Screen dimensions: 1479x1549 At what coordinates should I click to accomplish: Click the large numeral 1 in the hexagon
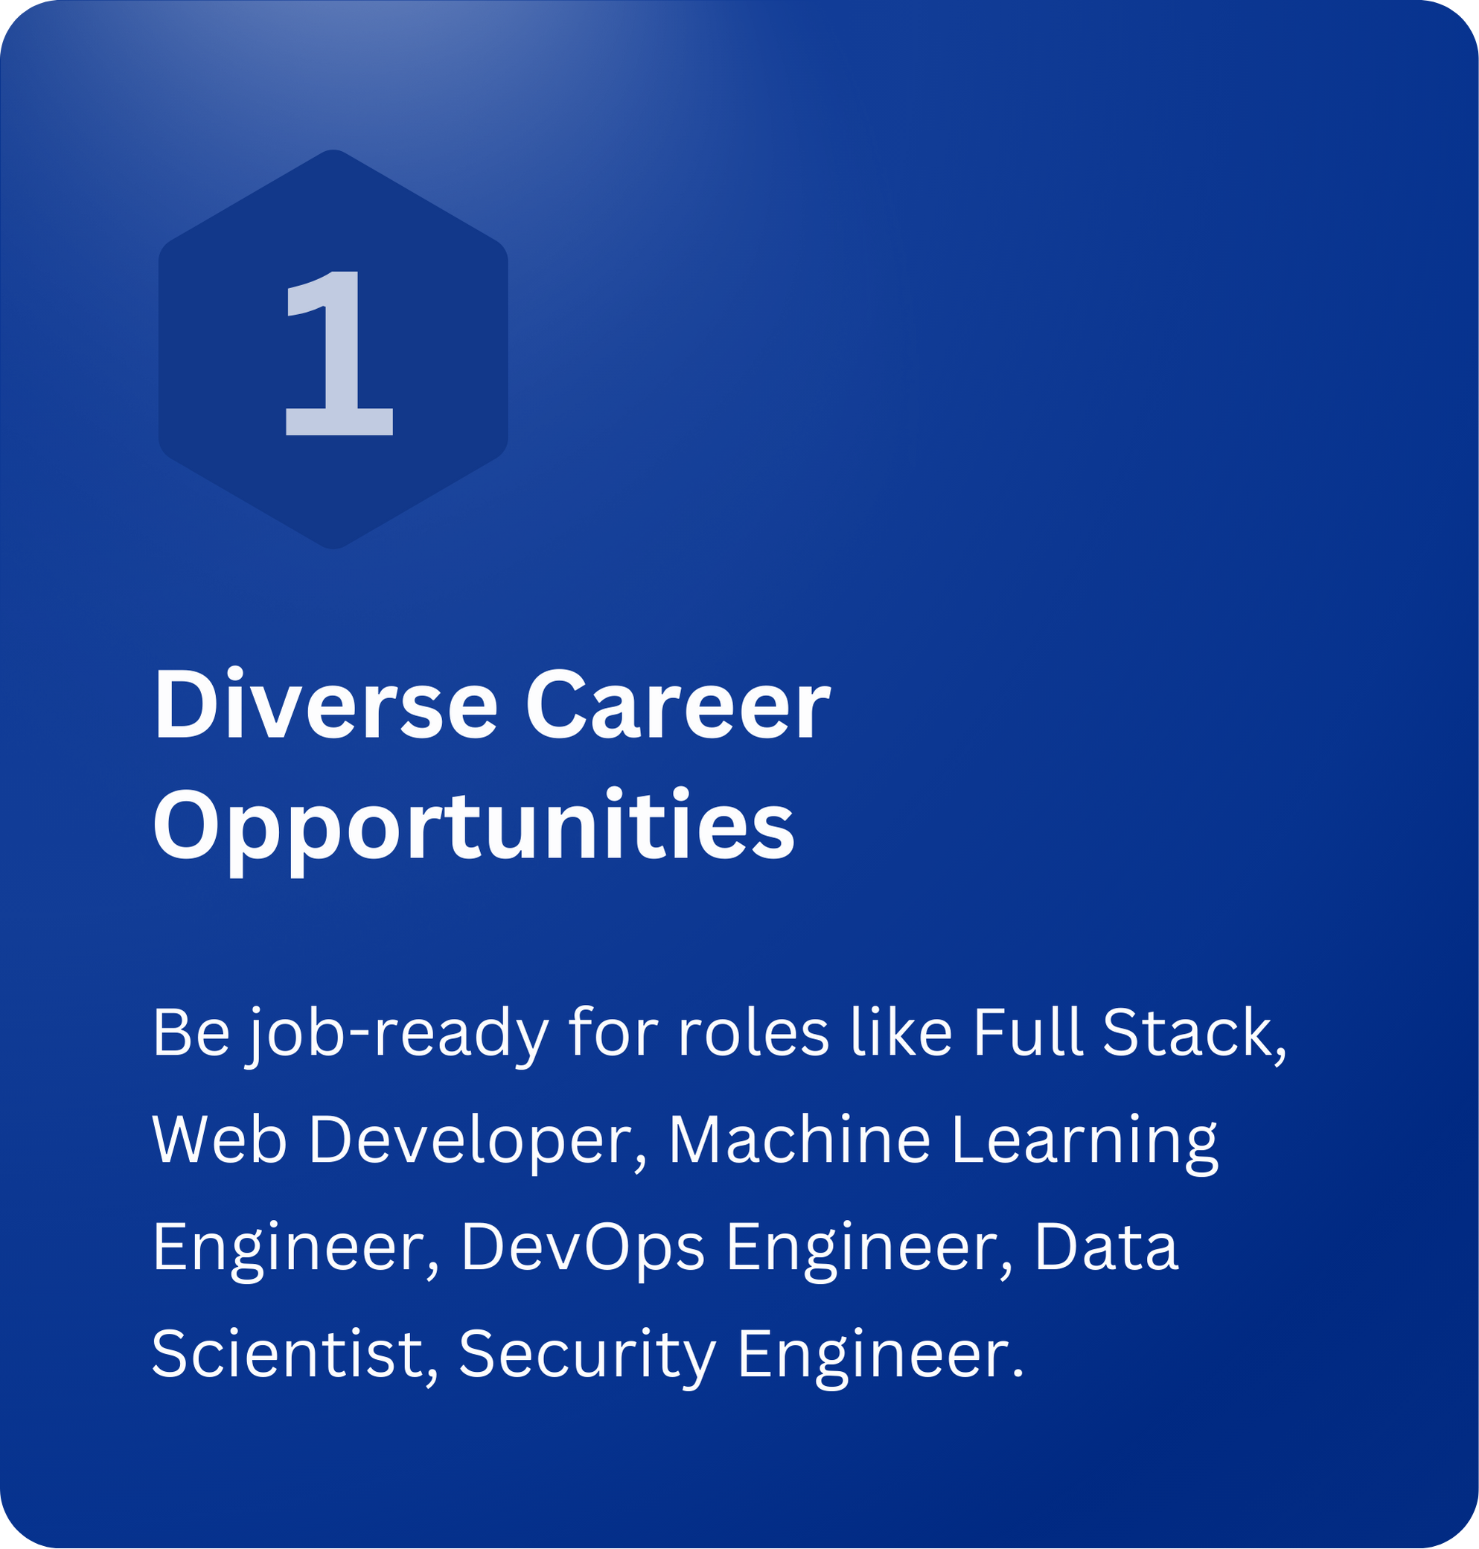click(x=339, y=353)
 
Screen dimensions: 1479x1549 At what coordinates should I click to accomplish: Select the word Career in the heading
click(x=678, y=704)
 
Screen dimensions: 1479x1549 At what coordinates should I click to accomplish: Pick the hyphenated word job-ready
click(x=398, y=1036)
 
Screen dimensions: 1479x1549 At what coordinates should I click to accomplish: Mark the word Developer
click(x=479, y=1143)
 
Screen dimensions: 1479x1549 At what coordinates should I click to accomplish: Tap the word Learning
click(x=1085, y=1143)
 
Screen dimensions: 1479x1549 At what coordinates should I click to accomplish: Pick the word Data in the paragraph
click(x=1106, y=1246)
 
